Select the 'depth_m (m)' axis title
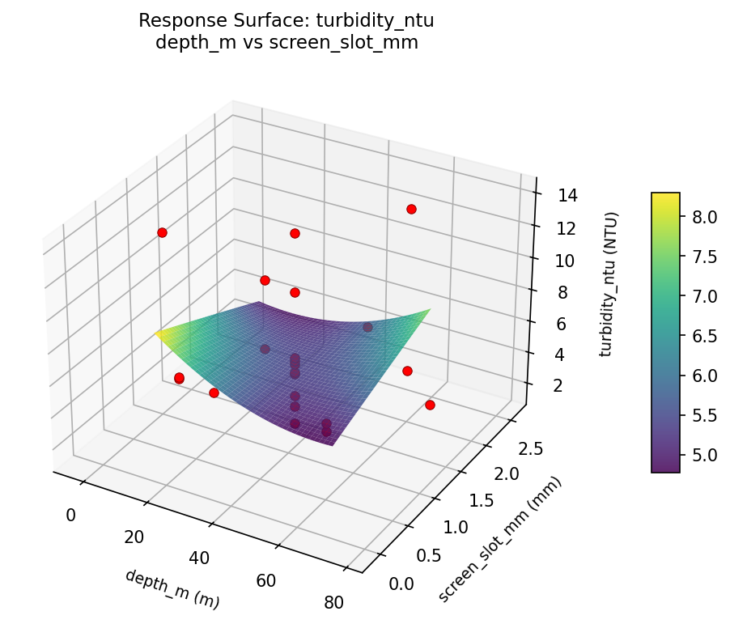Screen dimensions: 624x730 pyautogui.click(x=172, y=588)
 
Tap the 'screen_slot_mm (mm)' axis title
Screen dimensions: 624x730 pyautogui.click(x=499, y=540)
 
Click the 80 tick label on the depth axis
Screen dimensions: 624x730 pyautogui.click(x=332, y=601)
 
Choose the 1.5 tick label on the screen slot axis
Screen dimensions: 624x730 pyautogui.click(x=480, y=502)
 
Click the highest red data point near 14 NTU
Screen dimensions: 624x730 pyautogui.click(x=411, y=209)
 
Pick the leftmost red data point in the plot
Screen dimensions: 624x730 pyautogui.click(x=162, y=232)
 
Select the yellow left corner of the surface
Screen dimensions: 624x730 pyautogui.click(x=160, y=333)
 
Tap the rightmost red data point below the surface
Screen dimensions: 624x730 pyautogui.click(x=430, y=405)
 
